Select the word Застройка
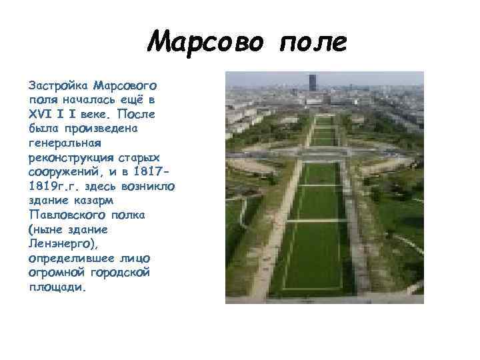pos(58,87)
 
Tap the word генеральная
pos(65,143)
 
